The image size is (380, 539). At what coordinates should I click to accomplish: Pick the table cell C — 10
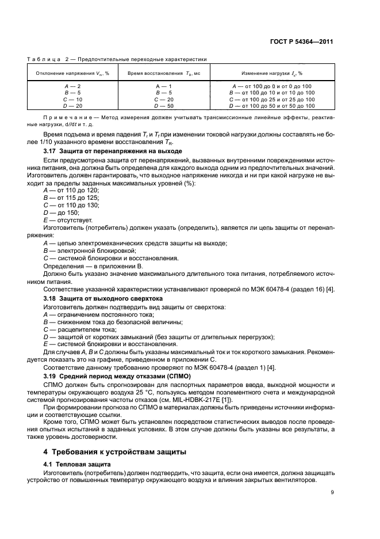[x=72, y=99]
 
